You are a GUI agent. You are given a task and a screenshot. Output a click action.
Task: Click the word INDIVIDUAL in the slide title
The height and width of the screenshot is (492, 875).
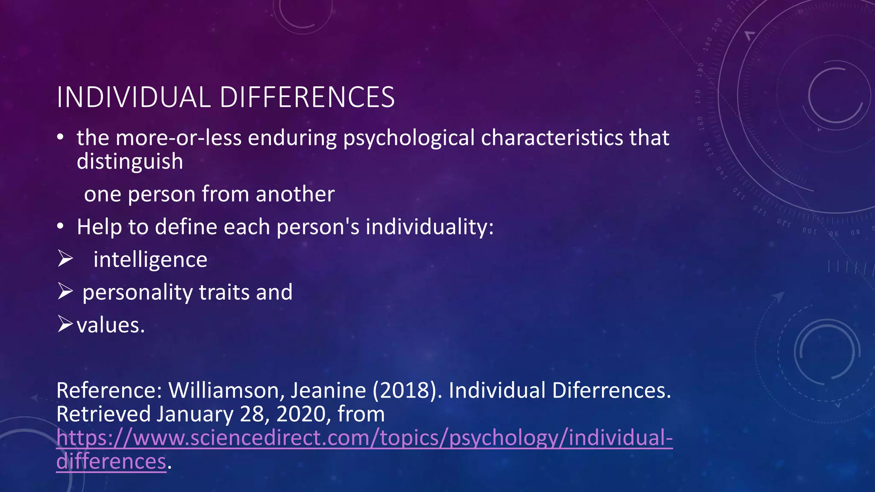pos(134,97)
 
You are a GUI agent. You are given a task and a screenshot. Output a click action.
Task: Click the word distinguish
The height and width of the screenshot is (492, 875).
pos(130,162)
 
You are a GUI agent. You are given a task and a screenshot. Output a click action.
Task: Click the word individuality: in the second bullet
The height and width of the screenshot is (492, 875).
pos(429,227)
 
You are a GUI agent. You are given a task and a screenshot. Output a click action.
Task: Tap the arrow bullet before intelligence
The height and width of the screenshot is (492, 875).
pos(65,259)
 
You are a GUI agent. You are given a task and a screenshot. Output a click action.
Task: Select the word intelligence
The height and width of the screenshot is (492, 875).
pos(150,260)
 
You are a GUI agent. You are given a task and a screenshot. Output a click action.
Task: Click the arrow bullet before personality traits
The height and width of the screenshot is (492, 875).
pos(65,292)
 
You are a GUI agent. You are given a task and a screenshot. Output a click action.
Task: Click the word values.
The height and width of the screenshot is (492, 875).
pos(111,325)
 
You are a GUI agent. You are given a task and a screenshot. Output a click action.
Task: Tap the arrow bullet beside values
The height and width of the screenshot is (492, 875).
pos(65,325)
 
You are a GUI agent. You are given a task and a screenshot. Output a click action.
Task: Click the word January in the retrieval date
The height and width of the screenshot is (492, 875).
pos(195,414)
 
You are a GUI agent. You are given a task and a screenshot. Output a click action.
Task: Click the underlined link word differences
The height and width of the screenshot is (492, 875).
pos(111,462)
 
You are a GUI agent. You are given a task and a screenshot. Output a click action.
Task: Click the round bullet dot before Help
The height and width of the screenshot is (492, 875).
pos(61,226)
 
